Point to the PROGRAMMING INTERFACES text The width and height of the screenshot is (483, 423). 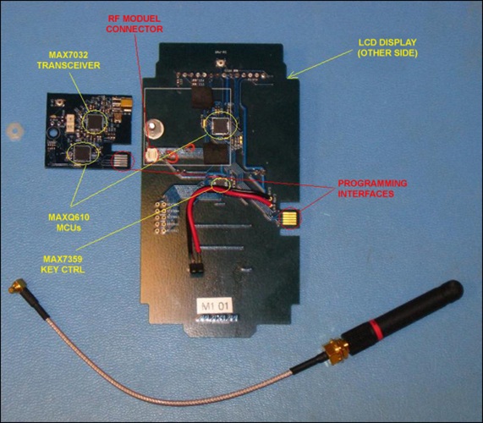click(372, 188)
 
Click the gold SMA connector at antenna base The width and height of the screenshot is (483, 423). click(332, 350)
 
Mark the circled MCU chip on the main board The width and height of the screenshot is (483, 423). click(221, 126)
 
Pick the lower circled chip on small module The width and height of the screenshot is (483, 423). click(82, 151)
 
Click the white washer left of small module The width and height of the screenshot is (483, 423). click(13, 134)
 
